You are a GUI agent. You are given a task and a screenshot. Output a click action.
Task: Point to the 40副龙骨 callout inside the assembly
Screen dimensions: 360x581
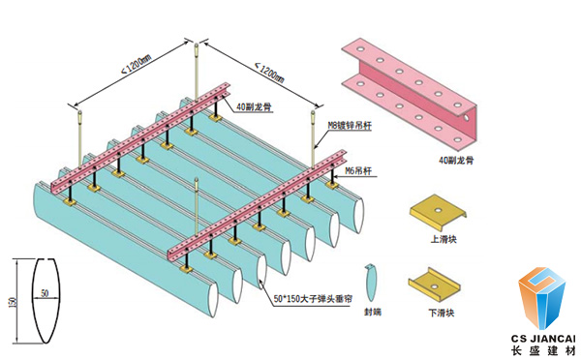(x=251, y=94)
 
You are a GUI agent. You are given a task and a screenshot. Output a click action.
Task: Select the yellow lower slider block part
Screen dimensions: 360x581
(x=436, y=282)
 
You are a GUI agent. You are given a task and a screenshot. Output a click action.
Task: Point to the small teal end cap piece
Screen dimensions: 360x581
(x=369, y=281)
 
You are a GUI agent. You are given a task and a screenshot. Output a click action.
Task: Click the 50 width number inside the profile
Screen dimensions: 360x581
(x=43, y=291)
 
